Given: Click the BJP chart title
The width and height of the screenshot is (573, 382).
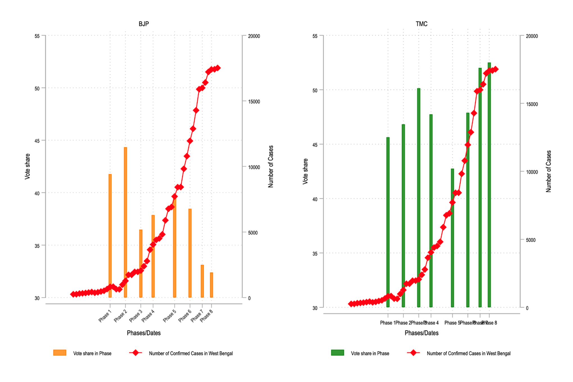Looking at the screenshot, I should [144, 24].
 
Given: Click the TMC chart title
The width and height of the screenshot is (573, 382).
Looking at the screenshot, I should [421, 24].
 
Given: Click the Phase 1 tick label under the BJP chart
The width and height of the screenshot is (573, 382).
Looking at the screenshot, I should [105, 316].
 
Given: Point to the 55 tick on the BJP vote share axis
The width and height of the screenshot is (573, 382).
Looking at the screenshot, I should [37, 36].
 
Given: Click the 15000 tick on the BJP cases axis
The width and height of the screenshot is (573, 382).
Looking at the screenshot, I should [254, 102].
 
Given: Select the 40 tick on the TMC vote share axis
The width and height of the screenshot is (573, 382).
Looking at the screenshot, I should [315, 199].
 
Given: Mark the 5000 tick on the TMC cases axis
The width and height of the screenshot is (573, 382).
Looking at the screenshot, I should [531, 240].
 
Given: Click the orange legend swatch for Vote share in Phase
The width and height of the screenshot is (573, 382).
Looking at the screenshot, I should [60, 353].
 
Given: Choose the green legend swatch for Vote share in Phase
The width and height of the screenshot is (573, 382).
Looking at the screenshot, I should [337, 353].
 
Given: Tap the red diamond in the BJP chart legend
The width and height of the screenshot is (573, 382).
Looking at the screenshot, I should [135, 353].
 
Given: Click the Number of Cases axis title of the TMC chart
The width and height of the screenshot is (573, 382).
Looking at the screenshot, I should [548, 171].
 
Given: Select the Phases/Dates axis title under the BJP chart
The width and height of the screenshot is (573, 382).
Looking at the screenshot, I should [144, 333].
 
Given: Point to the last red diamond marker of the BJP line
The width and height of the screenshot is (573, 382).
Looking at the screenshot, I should [218, 68].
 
